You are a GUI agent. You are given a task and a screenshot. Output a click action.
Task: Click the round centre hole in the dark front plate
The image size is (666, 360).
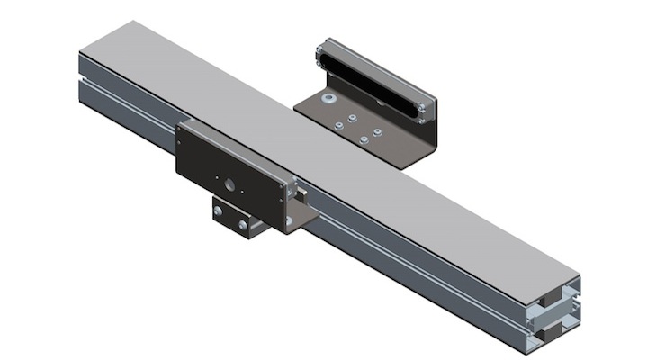[x=231, y=184]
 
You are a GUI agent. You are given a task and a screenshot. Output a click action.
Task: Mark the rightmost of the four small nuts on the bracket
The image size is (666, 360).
[x=376, y=133]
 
